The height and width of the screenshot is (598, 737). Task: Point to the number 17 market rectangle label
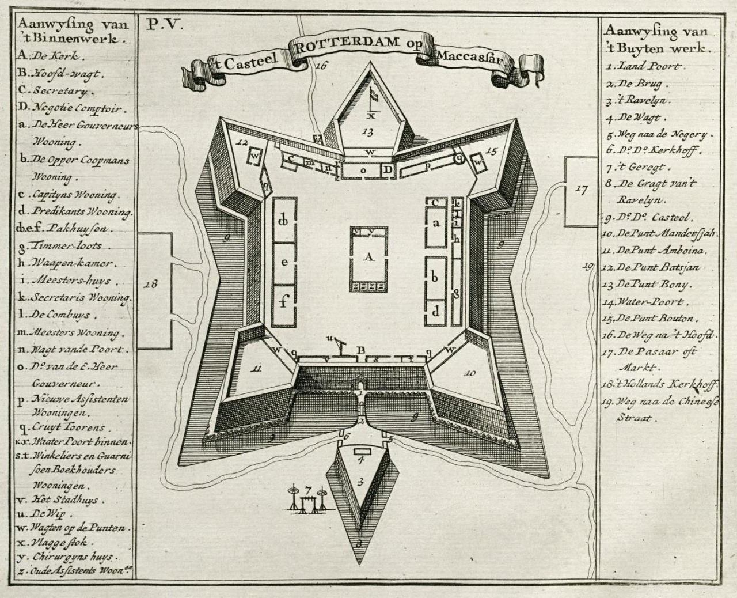click(581, 188)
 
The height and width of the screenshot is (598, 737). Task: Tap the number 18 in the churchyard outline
click(151, 283)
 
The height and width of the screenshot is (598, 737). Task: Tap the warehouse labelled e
click(284, 262)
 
